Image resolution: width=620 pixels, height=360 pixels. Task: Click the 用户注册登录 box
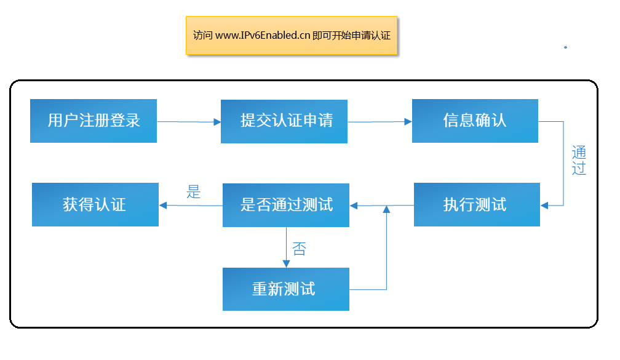[x=93, y=121]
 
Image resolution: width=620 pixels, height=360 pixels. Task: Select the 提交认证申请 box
[x=284, y=121]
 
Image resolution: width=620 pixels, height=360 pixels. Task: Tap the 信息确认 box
[x=475, y=121]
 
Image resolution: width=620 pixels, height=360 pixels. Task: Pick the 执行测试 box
[x=477, y=204]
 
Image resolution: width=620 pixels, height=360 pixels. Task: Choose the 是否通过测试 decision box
[x=286, y=205]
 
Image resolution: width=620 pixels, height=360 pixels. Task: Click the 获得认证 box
[x=95, y=204]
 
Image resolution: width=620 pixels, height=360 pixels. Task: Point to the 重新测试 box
[x=286, y=289]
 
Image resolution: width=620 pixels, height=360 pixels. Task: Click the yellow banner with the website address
[x=292, y=35]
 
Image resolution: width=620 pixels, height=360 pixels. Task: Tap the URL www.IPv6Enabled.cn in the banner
[x=263, y=35]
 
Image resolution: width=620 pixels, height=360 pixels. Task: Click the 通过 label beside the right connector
[x=579, y=160]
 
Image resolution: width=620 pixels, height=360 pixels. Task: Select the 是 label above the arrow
[x=193, y=192]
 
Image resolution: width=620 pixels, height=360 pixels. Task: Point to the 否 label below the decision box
[x=300, y=249]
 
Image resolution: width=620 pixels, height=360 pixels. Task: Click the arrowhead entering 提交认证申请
[x=217, y=122]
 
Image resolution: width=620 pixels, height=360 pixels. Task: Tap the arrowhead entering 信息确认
[x=408, y=121]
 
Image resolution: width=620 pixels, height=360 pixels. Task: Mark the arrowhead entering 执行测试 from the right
[x=544, y=206]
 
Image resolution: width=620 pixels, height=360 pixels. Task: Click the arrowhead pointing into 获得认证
[x=163, y=206]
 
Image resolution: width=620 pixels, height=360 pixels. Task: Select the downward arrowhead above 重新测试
[x=286, y=264]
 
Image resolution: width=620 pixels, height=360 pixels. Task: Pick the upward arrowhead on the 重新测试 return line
[x=386, y=210]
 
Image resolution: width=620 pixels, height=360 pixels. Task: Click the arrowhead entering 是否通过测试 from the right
[x=354, y=206]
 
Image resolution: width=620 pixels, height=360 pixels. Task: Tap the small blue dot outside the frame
[x=565, y=47]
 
